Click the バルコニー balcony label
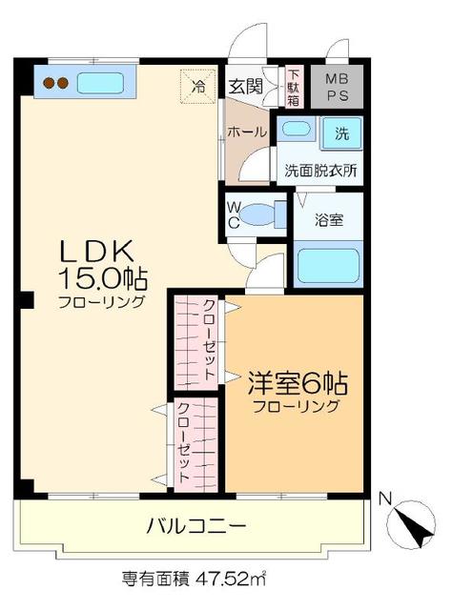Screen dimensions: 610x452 196,524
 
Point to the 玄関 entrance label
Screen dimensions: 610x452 244,86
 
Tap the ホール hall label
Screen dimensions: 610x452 246,132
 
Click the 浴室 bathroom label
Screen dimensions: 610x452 330,219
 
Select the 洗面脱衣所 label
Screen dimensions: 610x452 319,172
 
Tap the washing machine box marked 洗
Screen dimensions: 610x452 340,133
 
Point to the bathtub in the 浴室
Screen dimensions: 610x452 326,263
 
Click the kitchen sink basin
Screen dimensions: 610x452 106,84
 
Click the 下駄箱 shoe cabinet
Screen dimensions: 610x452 295,86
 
